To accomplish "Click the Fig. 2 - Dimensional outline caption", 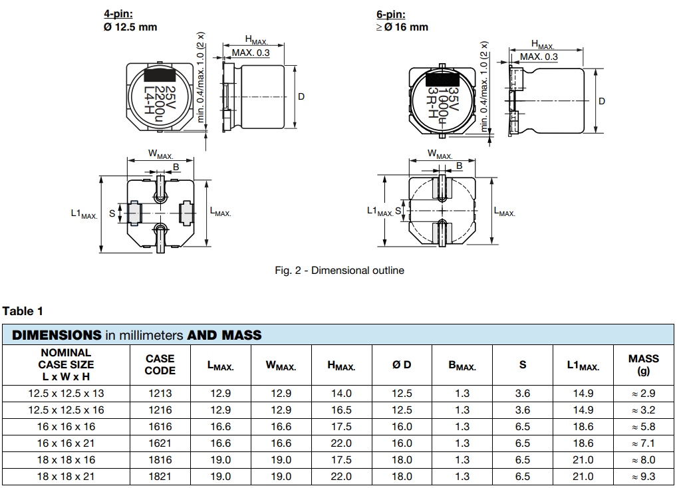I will [339, 270].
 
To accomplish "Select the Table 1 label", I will [23, 310].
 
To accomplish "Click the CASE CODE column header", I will [160, 364].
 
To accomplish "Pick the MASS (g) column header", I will [643, 364].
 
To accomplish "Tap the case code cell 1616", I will [160, 427].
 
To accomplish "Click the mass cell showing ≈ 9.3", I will [643, 477].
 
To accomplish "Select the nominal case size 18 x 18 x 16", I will [66, 460].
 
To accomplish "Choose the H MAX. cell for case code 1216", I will [341, 410].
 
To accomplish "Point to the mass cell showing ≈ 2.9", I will [643, 394].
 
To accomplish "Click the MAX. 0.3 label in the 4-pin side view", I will [251, 53].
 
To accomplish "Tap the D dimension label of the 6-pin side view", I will [602, 101].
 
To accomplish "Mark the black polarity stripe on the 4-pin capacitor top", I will [160, 74].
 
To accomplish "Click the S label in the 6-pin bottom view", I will [398, 211].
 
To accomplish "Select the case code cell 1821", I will [160, 477].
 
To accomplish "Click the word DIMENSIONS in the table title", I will [57, 335].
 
